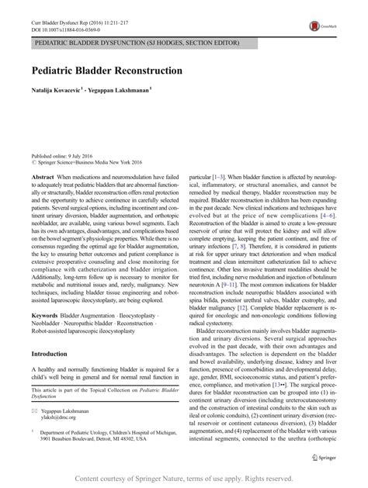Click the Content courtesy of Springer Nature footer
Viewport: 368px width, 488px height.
[184, 479]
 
